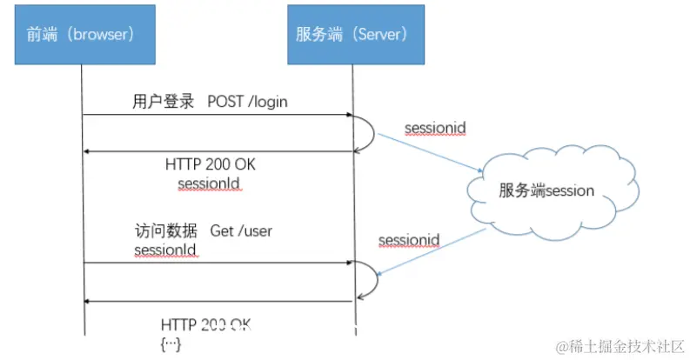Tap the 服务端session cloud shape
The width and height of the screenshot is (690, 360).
546,191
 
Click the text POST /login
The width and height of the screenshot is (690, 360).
247,102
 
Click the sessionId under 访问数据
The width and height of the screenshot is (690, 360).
165,250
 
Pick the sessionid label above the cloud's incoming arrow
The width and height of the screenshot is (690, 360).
435,129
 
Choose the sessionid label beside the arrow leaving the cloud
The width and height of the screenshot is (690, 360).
409,240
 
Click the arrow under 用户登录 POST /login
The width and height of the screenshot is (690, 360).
218,116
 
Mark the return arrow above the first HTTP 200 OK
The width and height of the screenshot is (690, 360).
218,151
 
